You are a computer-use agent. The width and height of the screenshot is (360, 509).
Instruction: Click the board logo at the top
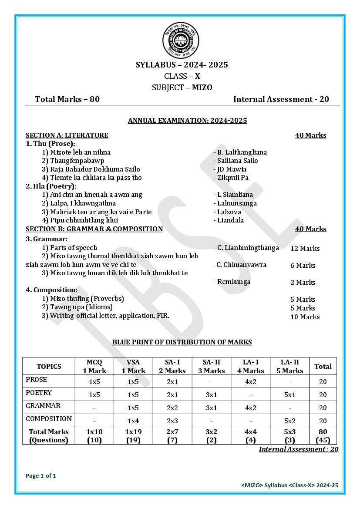[x=181, y=41]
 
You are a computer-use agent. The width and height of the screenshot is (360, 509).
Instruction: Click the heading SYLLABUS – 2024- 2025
[x=182, y=65]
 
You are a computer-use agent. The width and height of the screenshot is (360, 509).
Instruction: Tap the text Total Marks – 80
[x=67, y=99]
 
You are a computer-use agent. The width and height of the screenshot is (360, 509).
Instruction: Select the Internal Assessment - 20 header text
[x=281, y=99]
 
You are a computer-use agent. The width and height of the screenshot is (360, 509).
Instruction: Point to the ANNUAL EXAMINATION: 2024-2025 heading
[x=187, y=121]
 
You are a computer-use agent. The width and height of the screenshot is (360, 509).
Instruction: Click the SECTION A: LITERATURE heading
[x=67, y=135]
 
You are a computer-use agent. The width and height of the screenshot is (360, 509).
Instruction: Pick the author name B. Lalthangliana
[x=240, y=152]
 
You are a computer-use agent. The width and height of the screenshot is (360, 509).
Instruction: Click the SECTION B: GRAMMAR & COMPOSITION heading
[x=94, y=229]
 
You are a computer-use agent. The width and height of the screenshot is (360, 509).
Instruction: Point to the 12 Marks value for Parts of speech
[x=305, y=249]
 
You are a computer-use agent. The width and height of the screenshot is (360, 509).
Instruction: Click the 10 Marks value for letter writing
[x=305, y=317]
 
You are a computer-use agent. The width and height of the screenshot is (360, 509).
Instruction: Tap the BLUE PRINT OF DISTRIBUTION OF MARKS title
[x=182, y=342]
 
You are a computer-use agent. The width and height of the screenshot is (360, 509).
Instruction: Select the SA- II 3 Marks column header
[x=211, y=367]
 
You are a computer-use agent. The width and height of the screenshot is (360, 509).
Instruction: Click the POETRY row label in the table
[x=39, y=393]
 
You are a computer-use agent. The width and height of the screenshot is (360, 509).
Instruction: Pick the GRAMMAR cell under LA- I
[x=250, y=408]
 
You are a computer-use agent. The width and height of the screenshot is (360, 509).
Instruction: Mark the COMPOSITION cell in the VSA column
[x=133, y=421]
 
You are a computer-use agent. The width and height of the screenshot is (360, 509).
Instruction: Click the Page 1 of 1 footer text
[x=41, y=475]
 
